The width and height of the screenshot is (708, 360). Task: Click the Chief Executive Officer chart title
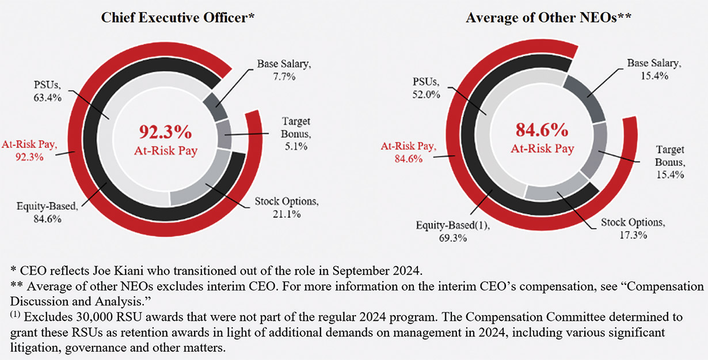pos(178,18)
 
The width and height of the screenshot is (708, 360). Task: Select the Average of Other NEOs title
pos(549,18)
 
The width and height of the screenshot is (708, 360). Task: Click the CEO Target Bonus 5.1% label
pos(296,134)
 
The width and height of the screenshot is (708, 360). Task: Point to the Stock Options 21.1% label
pos(286,208)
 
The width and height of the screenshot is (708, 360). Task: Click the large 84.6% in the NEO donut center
pos(542,128)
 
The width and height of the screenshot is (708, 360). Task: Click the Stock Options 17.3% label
pos(633,229)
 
